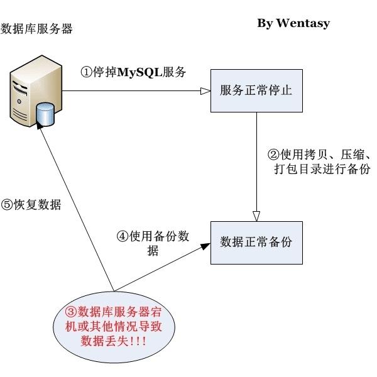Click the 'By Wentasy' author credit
click(x=293, y=23)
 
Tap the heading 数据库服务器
click(x=37, y=29)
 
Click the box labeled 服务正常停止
click(x=256, y=90)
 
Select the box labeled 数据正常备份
click(x=256, y=242)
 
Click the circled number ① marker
click(x=86, y=72)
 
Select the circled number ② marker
click(x=273, y=155)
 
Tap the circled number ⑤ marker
click(x=7, y=205)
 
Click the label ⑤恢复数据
click(x=31, y=205)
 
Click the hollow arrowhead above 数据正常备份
click(x=256, y=216)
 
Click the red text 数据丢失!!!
click(x=114, y=341)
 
